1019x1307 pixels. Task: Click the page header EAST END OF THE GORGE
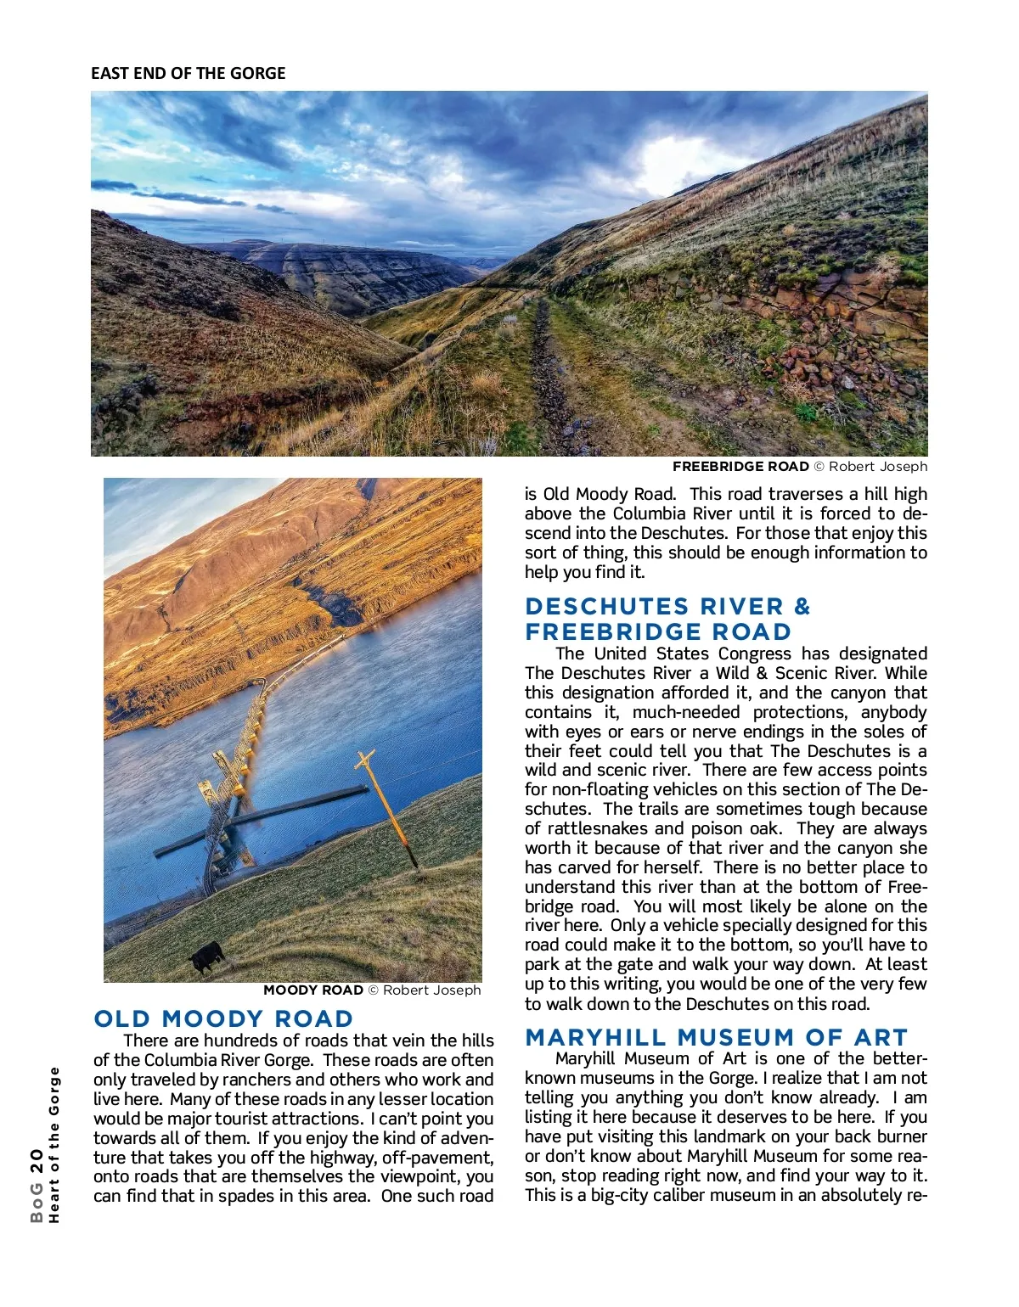coord(188,73)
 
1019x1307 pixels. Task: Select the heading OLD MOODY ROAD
coord(223,1018)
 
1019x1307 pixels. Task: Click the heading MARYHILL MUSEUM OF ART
coord(716,1037)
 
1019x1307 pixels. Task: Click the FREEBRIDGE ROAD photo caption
coord(799,466)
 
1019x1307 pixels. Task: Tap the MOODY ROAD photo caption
coord(372,990)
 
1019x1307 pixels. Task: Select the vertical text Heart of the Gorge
coord(55,1144)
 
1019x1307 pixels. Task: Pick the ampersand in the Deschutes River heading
coord(802,607)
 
